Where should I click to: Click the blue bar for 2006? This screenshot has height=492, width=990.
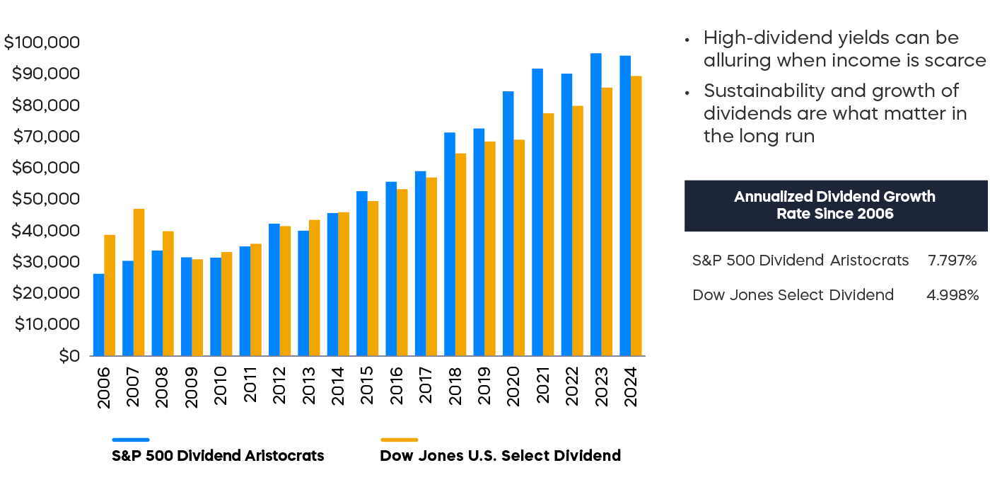(x=98, y=314)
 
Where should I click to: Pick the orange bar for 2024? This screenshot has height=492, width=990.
(x=636, y=215)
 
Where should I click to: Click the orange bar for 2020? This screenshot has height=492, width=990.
(x=520, y=247)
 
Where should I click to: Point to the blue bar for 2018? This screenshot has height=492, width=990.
(x=450, y=244)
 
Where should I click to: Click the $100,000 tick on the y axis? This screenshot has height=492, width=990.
(x=42, y=42)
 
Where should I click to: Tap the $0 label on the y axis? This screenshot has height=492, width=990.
(x=69, y=355)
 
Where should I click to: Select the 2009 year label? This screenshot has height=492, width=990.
(x=192, y=387)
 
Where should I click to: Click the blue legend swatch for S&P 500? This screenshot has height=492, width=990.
(x=131, y=440)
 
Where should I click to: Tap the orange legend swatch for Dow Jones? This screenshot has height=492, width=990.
(x=399, y=440)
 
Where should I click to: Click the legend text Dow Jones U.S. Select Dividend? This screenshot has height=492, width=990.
(x=500, y=456)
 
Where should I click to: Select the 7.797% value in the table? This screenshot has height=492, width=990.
(x=952, y=261)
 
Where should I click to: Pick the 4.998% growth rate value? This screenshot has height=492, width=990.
(x=952, y=294)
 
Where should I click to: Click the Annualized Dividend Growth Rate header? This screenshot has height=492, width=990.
(x=835, y=205)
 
